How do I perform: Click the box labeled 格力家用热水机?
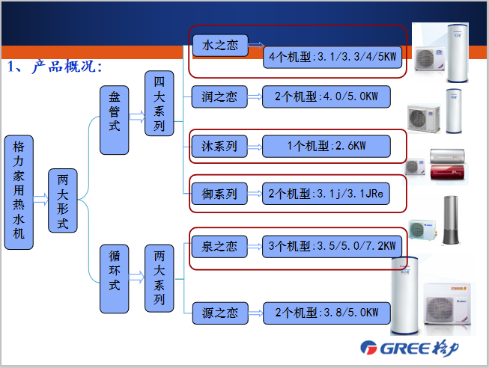19,192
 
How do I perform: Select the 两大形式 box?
63,201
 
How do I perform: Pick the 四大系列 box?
159,103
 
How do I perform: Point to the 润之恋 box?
219,96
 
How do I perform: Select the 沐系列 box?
219,146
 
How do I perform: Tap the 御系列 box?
219,194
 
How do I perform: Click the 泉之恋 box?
219,245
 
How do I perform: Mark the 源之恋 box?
219,312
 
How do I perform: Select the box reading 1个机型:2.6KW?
326,146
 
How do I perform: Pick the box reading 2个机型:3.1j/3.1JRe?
326,194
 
